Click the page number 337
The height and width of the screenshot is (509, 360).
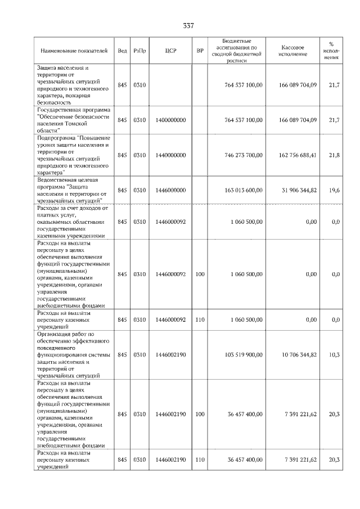188,26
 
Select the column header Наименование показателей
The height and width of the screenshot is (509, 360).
73,51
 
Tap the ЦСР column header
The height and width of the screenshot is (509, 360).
171,51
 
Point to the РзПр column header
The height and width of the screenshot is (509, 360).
140,51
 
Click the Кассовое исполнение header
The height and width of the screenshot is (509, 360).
292,51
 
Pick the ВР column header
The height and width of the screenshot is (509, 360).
200,51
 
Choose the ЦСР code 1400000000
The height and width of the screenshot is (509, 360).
171,120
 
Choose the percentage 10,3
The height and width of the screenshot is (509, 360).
334,355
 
